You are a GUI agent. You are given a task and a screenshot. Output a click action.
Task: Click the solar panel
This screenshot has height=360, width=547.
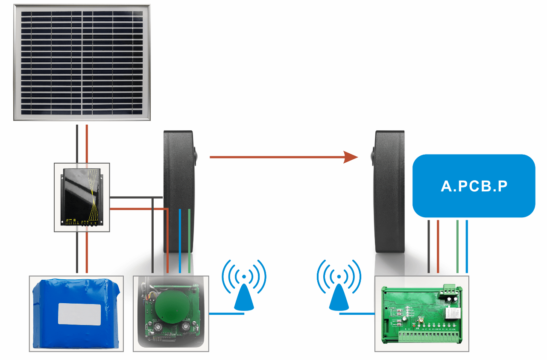[82, 62]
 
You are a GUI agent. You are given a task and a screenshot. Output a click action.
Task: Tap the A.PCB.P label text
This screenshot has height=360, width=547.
[474, 186]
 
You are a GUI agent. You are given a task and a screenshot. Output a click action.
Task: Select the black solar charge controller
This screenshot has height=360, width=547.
[82, 197]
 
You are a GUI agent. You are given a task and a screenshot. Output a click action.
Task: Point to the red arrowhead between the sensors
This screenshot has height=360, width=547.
[351, 157]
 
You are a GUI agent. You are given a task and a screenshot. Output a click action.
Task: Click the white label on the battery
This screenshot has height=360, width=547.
[79, 314]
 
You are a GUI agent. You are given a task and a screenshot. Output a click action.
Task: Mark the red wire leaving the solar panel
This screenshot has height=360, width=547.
[87, 143]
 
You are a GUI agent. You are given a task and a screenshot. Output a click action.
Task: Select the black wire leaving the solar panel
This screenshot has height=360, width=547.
[77, 143]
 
